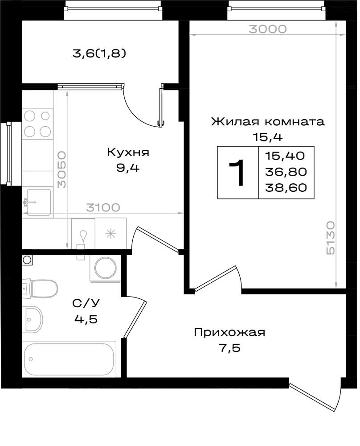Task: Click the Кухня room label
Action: (x=128, y=153)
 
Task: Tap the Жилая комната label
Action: (x=267, y=122)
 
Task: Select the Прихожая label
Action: (x=229, y=332)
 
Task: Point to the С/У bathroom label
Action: (x=86, y=303)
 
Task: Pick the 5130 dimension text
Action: (x=331, y=238)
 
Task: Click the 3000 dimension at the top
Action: (x=268, y=29)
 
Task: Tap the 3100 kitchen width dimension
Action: (x=103, y=208)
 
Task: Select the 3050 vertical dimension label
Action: (x=61, y=170)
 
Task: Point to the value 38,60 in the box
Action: (x=286, y=188)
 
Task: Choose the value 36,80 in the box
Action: (x=286, y=172)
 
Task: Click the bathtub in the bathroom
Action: (x=69, y=359)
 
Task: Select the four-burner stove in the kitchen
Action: (x=37, y=124)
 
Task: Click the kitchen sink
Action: (x=38, y=202)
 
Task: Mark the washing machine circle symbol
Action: (x=106, y=268)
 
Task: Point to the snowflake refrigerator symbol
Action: (x=111, y=234)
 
